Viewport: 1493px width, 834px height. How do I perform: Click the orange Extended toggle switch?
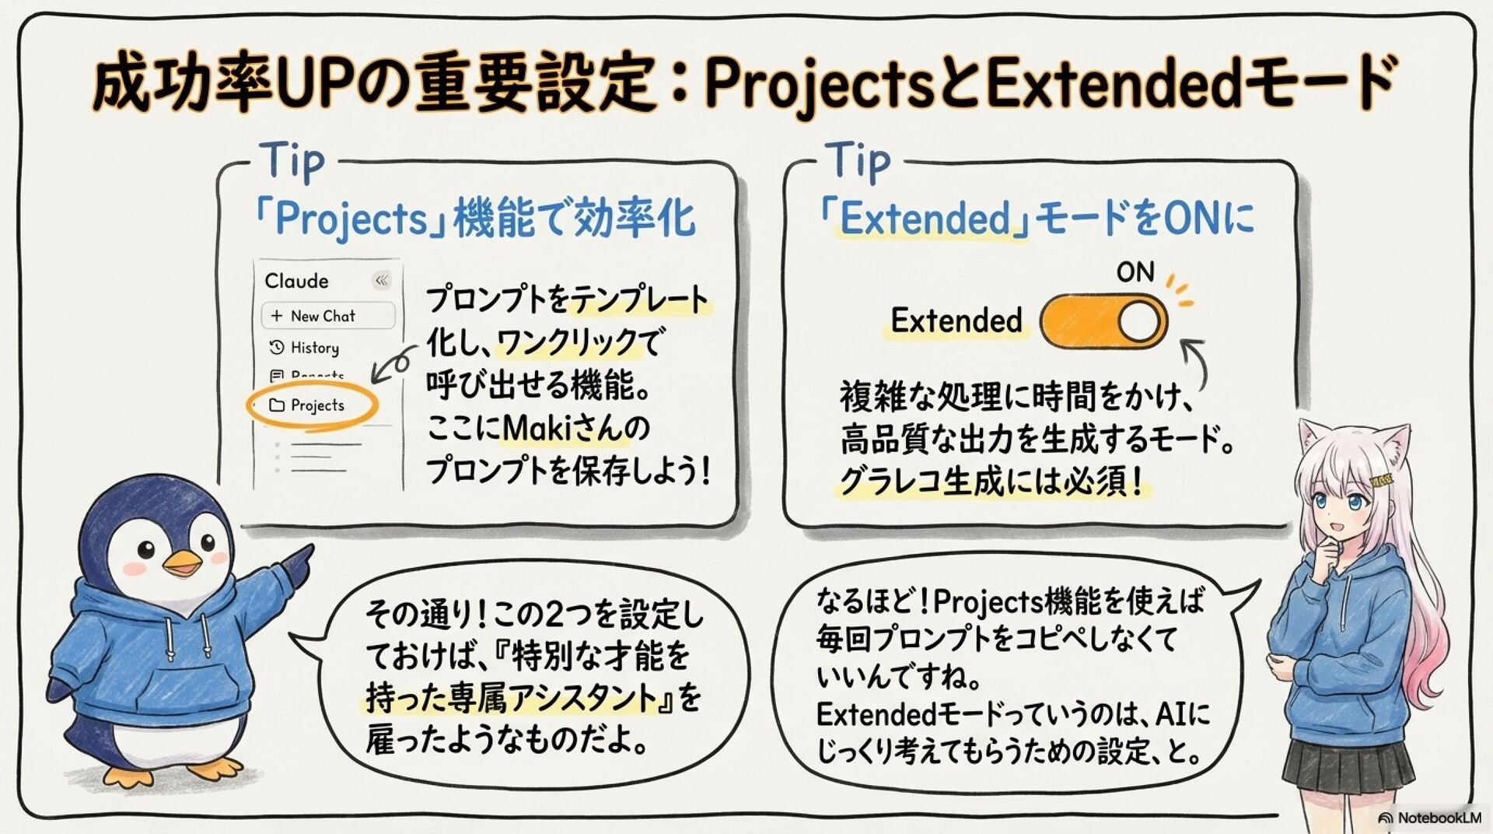(1103, 321)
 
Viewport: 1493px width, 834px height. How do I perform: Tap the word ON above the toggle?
(1135, 272)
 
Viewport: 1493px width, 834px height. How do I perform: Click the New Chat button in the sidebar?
(327, 316)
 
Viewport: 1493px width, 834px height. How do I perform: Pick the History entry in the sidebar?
(314, 348)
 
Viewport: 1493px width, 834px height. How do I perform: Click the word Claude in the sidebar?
(296, 281)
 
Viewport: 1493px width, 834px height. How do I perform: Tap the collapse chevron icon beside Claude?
(381, 280)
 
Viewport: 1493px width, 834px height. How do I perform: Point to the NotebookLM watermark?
(1429, 818)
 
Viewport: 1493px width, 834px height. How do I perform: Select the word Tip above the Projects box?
(292, 161)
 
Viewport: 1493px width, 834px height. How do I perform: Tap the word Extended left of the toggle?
(956, 321)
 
